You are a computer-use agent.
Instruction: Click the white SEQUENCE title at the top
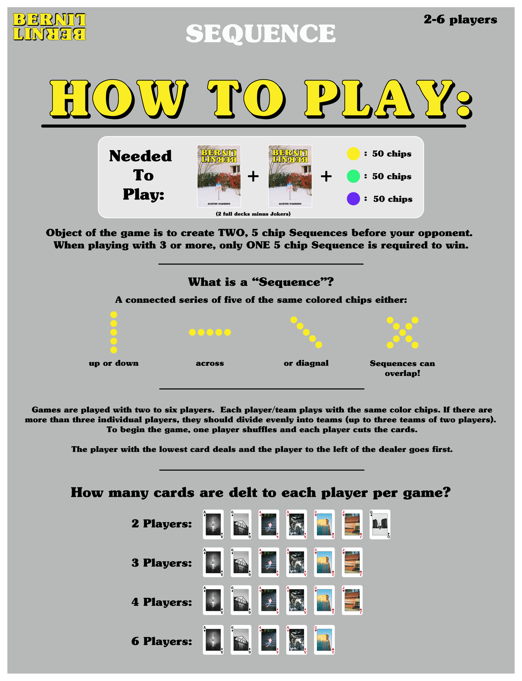261,34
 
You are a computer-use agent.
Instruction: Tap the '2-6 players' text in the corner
460,20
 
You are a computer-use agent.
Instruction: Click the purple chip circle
353,199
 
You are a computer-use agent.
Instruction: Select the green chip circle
353,176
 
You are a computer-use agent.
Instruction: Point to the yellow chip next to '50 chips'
353,154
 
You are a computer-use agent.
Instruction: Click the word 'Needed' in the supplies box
141,156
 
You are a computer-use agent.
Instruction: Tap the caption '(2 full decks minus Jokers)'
253,214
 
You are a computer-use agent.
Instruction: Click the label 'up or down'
114,363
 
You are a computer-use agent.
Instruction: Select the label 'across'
210,363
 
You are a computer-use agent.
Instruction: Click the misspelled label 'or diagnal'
306,363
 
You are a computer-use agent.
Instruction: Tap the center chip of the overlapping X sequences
403,333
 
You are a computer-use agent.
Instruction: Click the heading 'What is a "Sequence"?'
261,282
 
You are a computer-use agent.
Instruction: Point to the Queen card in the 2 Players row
380,525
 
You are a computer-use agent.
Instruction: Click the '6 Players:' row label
162,641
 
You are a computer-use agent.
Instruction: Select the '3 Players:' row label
162,563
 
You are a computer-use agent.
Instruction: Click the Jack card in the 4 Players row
352,600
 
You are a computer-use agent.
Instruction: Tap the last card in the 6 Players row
324,640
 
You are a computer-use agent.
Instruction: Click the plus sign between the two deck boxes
253,177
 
